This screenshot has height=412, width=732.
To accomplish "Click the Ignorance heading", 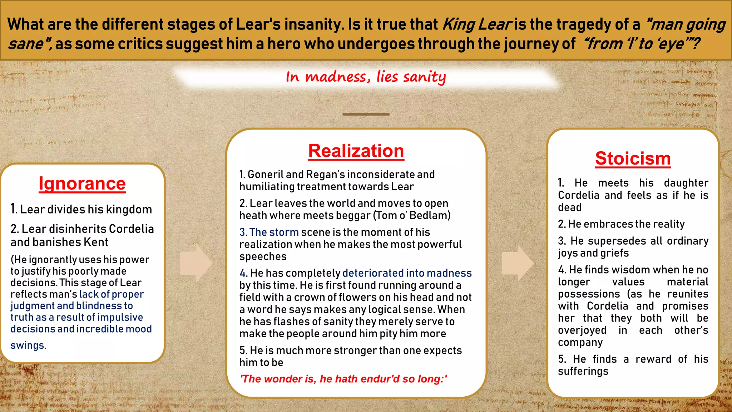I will [x=82, y=184].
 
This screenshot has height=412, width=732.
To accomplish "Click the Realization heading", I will [x=356, y=151].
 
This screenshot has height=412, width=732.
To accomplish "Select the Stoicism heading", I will [x=633, y=158].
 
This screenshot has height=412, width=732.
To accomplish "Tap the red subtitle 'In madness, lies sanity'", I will [x=366, y=77].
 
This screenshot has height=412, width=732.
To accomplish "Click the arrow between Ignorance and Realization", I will [x=196, y=263].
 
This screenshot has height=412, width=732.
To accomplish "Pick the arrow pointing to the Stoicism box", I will [x=517, y=263].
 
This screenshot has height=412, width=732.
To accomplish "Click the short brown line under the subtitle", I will [x=366, y=114].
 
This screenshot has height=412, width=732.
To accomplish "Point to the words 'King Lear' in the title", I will [x=478, y=24].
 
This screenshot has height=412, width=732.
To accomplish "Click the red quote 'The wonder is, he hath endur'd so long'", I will [x=343, y=379].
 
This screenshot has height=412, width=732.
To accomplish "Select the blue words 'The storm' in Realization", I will [x=273, y=232].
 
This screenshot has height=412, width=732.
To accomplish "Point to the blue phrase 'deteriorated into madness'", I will [x=407, y=273].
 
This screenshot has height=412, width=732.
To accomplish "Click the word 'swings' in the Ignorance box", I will [x=28, y=345].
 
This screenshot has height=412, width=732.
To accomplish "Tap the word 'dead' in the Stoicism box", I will [x=570, y=207].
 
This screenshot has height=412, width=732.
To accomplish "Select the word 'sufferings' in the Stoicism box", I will [x=583, y=371].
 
